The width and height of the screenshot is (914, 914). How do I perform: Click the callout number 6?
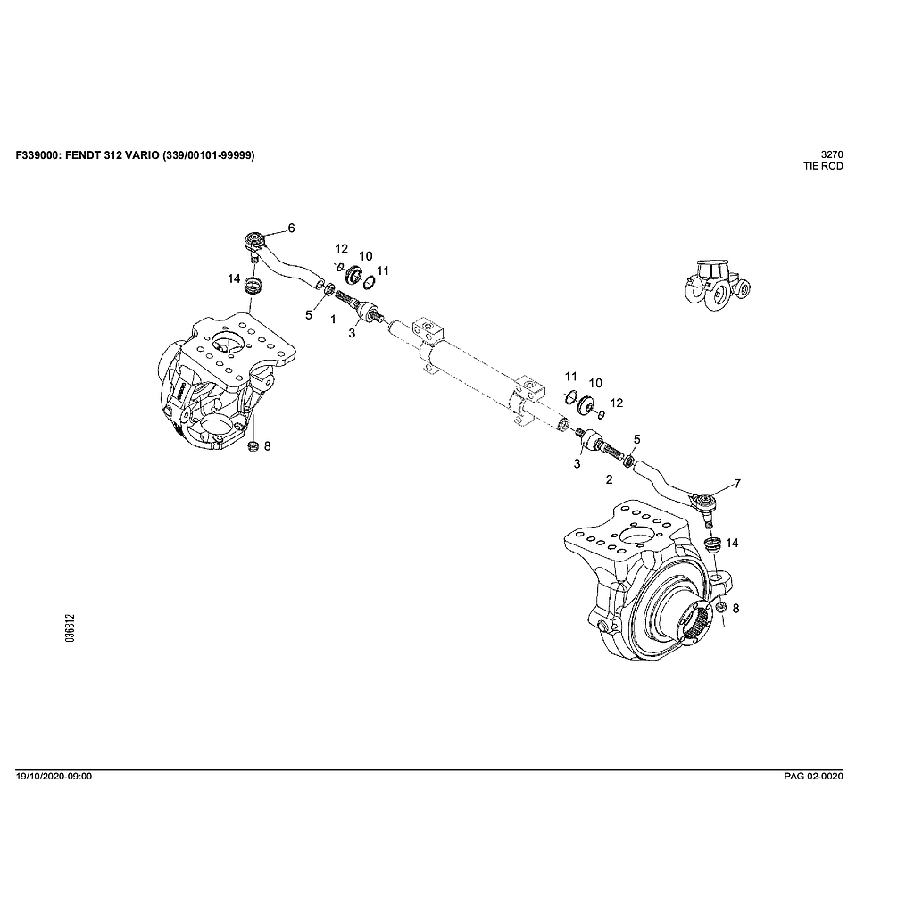click(x=291, y=228)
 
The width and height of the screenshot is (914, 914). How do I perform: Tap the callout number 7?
click(x=737, y=484)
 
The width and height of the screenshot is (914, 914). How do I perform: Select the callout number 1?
click(x=332, y=319)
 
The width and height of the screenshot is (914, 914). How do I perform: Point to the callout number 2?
click(x=609, y=480)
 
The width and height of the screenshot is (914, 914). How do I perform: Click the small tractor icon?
click(x=716, y=285)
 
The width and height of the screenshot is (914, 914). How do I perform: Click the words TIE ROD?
click(x=823, y=166)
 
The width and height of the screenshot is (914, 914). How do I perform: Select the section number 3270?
click(x=832, y=154)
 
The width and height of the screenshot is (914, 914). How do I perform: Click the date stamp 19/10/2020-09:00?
click(x=54, y=777)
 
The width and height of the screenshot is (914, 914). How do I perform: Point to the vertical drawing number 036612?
click(x=71, y=628)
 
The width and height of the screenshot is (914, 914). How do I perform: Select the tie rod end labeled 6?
click(x=256, y=241)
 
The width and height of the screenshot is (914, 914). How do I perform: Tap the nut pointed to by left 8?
click(x=252, y=445)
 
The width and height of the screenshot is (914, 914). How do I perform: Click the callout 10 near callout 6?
click(x=365, y=256)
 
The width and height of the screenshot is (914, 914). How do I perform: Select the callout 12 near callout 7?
click(x=616, y=403)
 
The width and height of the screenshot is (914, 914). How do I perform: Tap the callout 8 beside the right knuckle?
click(x=735, y=608)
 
